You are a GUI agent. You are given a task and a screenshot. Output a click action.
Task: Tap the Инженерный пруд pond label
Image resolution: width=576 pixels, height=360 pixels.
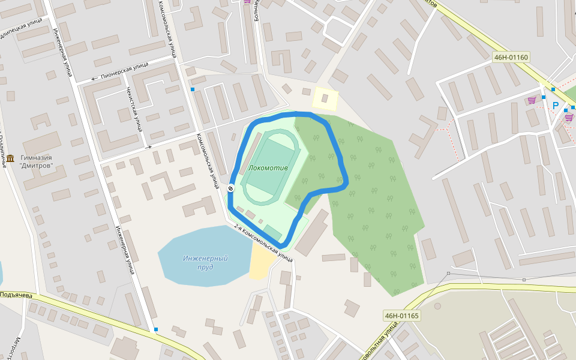[205, 262]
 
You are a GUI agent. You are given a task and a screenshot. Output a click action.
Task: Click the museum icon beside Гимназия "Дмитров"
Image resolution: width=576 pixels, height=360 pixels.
[10, 157]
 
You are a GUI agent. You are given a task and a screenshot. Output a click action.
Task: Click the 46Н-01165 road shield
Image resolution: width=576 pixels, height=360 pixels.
[401, 316]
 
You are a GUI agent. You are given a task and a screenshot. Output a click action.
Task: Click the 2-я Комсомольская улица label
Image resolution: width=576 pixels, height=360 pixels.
[263, 242]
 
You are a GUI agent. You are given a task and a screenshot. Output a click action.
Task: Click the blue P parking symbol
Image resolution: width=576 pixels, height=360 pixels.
[556, 106]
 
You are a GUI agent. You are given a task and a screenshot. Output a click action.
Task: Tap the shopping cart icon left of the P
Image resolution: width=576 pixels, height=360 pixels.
[532, 100]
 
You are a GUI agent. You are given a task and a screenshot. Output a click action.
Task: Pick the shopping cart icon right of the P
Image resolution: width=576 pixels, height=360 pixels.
[568, 118]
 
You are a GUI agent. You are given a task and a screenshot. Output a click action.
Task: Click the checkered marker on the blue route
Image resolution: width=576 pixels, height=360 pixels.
[230, 189]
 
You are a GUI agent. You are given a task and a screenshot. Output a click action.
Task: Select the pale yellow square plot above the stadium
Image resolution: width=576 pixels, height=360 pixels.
[325, 98]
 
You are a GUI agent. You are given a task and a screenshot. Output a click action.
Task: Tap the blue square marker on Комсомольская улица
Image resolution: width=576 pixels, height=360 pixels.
[193, 89]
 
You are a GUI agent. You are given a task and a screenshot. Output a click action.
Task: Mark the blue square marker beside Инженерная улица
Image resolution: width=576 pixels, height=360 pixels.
[157, 329]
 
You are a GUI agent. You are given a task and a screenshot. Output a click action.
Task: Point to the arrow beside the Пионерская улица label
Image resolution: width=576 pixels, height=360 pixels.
[94, 79]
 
